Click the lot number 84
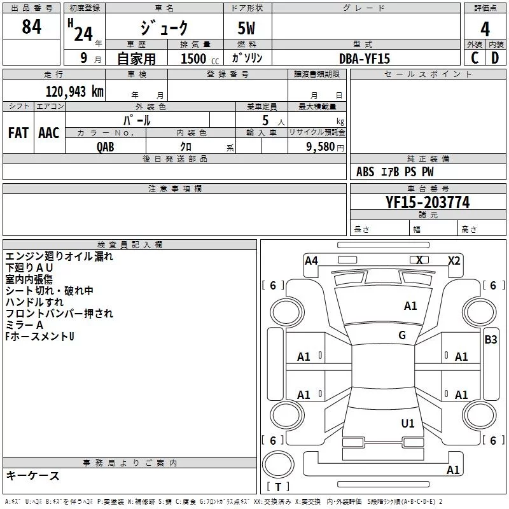[x=32, y=27]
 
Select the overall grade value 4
[x=485, y=29]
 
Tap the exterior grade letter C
[x=475, y=58]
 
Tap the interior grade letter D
[x=495, y=58]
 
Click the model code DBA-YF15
[x=365, y=59]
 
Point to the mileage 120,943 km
[x=74, y=92]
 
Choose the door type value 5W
[x=246, y=28]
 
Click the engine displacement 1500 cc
[x=200, y=59]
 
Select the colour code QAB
[x=106, y=147]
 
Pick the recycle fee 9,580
[x=321, y=147]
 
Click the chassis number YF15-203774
[x=428, y=202]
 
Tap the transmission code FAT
[x=18, y=133]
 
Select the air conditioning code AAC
[x=49, y=133]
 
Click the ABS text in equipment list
[x=365, y=172]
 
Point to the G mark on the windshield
[x=402, y=335]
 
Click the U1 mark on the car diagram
[x=408, y=423]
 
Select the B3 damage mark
[x=491, y=340]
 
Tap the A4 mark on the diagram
[x=311, y=261]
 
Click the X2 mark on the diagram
[x=454, y=261]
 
